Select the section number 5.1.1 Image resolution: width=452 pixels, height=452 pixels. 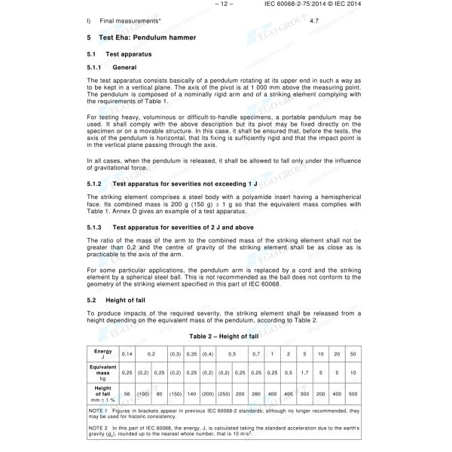[96, 67]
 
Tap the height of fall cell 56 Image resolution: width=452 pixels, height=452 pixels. [127, 394]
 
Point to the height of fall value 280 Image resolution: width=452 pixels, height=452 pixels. [255, 394]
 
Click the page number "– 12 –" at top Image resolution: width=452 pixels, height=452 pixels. [225, 5]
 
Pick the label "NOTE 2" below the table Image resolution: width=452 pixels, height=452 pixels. [99, 427]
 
